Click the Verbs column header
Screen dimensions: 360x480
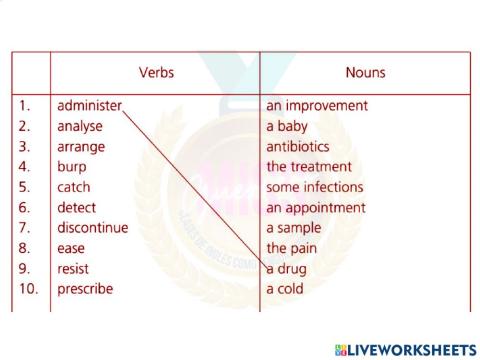pos(155,73)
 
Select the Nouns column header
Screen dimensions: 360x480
pos(365,73)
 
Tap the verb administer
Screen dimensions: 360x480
pos(89,105)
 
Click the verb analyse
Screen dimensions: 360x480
pos(80,126)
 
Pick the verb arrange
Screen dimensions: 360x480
pos(81,146)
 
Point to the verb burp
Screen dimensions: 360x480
pos(72,167)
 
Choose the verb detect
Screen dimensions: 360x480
pos(77,208)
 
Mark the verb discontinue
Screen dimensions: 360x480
pos(93,228)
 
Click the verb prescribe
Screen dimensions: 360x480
pos(85,289)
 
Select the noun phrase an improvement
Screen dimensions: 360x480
pos(317,105)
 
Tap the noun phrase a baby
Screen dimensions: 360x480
pos(289,126)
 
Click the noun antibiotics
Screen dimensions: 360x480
pos(297,146)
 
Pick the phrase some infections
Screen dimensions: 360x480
pos(314,187)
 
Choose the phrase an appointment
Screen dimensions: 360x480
pos(316,208)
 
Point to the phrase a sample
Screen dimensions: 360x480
pos(294,228)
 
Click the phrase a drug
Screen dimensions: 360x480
pos(287,269)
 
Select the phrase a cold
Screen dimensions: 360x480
pos(286,289)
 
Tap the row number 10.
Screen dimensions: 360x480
pos(27,289)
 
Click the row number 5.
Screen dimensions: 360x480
pos(24,187)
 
